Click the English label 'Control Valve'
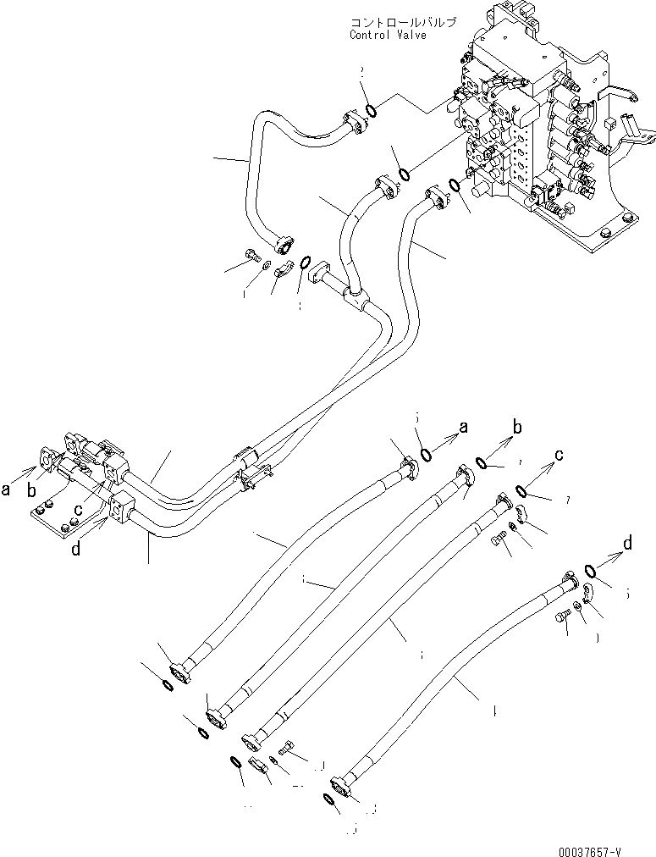(389, 36)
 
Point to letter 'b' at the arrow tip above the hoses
(518, 424)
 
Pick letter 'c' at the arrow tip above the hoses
(560, 455)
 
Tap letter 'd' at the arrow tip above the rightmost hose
(627, 543)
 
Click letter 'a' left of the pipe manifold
(8, 489)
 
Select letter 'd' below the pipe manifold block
(78, 550)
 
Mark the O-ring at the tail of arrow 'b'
(482, 462)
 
